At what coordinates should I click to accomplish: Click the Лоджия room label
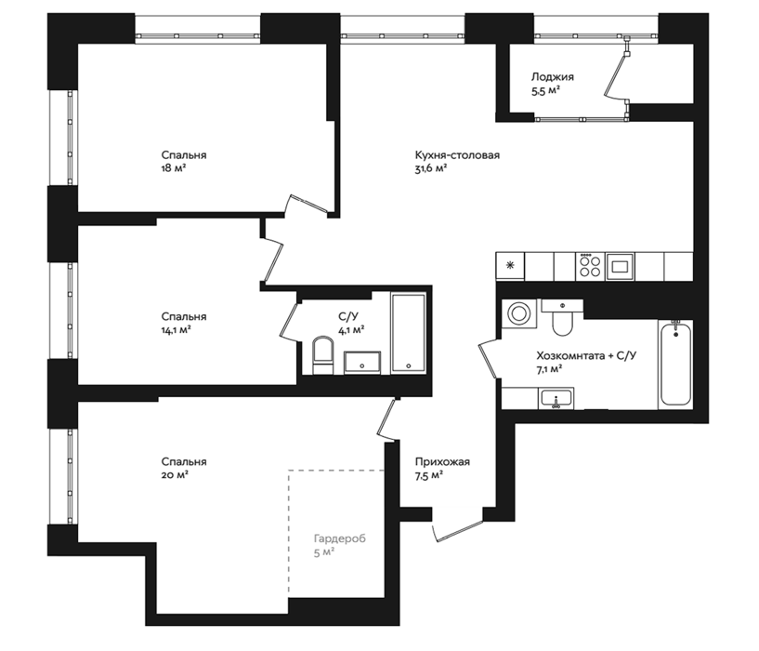[553, 77]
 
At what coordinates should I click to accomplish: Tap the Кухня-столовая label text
[457, 155]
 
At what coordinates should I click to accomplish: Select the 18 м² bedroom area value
[175, 168]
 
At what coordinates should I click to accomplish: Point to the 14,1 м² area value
[177, 330]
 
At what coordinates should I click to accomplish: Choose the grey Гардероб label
[340, 538]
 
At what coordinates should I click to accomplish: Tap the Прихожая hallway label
[442, 462]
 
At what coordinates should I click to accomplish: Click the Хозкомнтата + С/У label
[586, 356]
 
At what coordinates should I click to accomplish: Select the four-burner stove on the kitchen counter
[590, 266]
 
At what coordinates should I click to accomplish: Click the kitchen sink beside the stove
[620, 266]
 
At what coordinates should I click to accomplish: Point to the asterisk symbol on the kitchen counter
[510, 265]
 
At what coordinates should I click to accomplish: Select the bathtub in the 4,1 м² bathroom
[409, 333]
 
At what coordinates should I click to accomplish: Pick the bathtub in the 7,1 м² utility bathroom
[675, 364]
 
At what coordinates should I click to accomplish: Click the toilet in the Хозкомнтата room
[562, 317]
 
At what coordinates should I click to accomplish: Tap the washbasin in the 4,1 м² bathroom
[362, 363]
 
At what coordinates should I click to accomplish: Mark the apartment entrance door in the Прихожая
[458, 531]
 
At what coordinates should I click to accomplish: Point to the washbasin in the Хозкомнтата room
[556, 398]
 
